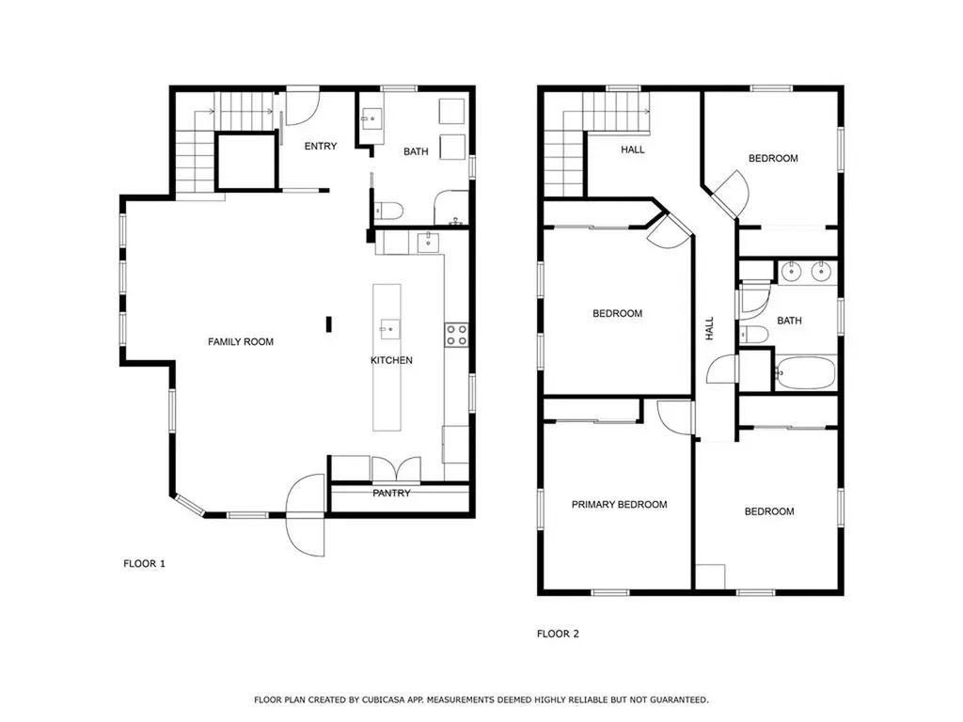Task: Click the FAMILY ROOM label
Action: pyautogui.click(x=241, y=342)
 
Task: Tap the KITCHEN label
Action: pyautogui.click(x=391, y=360)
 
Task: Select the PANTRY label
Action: pyautogui.click(x=391, y=493)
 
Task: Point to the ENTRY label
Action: pyautogui.click(x=321, y=146)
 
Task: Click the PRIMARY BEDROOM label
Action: pyautogui.click(x=619, y=505)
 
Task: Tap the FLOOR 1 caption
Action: pyautogui.click(x=144, y=564)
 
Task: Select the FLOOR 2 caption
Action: pyautogui.click(x=558, y=634)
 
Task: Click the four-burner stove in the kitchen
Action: pyautogui.click(x=456, y=336)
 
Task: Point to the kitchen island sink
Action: pyautogui.click(x=389, y=330)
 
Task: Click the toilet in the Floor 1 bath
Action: pyautogui.click(x=387, y=212)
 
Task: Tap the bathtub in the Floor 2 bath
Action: pyautogui.click(x=805, y=372)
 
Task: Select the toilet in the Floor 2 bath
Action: pyautogui.click(x=753, y=335)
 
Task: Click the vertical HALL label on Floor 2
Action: pyautogui.click(x=710, y=328)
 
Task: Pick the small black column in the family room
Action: pyautogui.click(x=329, y=324)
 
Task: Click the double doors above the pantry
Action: pyautogui.click(x=396, y=470)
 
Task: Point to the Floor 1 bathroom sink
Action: pyautogui.click(x=371, y=118)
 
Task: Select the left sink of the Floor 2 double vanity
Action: pyautogui.click(x=792, y=271)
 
